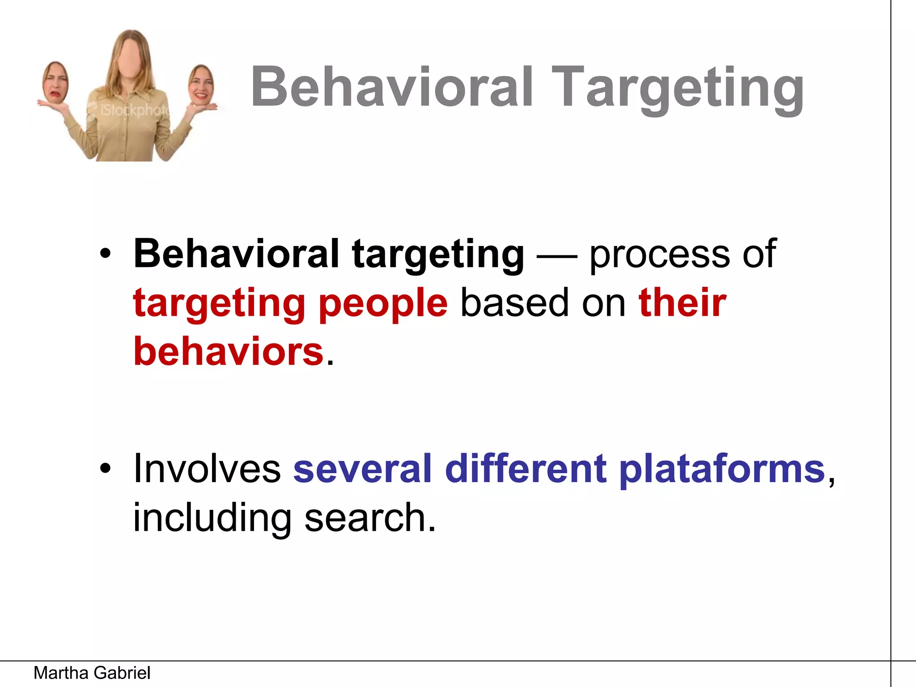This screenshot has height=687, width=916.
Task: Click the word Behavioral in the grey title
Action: click(x=392, y=87)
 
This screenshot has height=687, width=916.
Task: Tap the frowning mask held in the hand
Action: click(x=55, y=83)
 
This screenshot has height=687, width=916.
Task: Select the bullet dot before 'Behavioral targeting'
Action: click(x=105, y=254)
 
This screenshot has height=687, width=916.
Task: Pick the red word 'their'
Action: click(x=683, y=302)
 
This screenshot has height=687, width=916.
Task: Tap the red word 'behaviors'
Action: click(x=229, y=351)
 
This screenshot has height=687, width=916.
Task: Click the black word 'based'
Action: click(x=514, y=303)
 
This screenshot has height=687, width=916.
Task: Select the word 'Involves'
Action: click(x=207, y=468)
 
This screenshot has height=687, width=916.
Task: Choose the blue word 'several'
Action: click(x=362, y=468)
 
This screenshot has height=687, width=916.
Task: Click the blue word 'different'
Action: click(x=526, y=468)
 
